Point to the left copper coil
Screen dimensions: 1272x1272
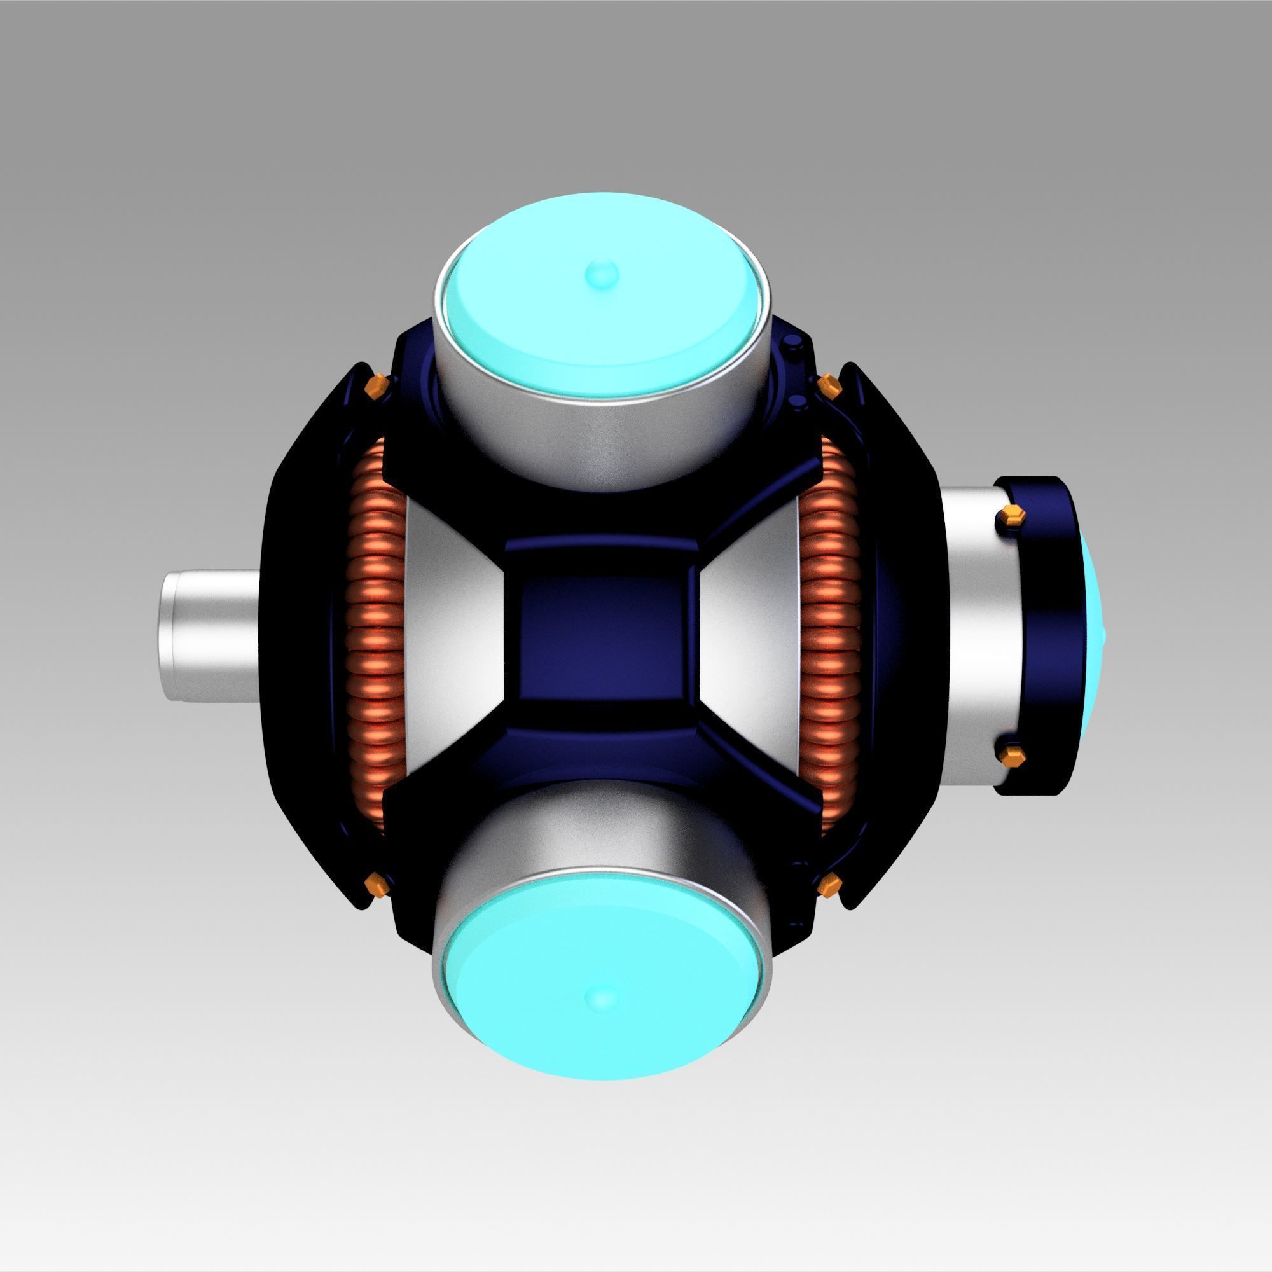(373, 635)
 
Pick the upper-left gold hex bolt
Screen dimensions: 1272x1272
(377, 387)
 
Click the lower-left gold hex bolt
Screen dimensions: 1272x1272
(377, 884)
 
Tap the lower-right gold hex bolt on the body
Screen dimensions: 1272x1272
(828, 884)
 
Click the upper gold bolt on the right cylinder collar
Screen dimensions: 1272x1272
(1009, 518)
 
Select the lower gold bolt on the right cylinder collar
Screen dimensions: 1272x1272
(1009, 755)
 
